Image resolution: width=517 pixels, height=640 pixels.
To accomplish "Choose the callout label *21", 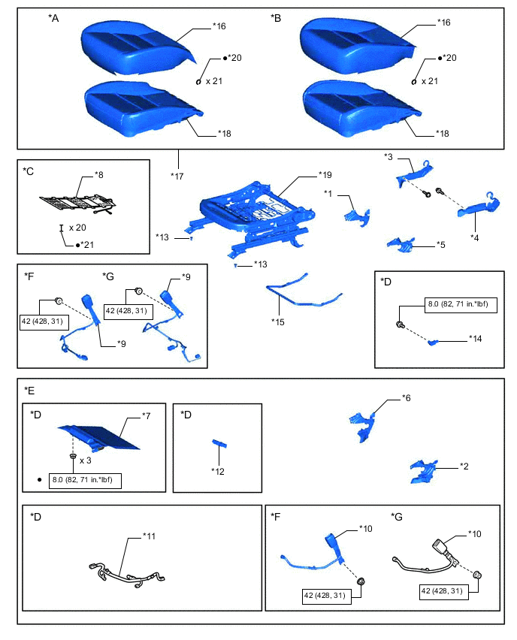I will point(90,245).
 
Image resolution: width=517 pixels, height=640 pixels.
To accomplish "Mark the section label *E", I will point(29,390).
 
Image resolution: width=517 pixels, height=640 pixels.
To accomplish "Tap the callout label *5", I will point(441,244).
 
